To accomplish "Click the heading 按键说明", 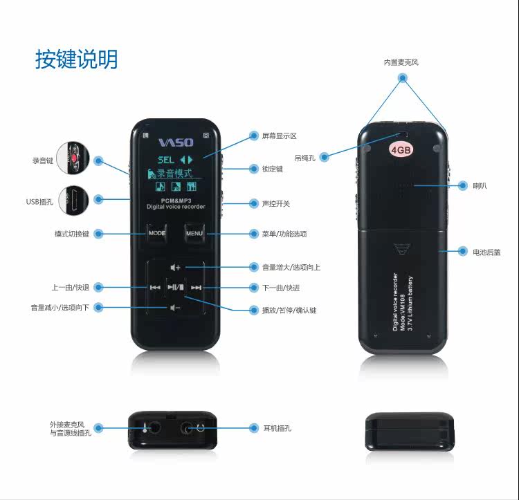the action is (77, 59).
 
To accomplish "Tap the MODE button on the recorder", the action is (157, 233).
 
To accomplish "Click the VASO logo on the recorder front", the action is (176, 142).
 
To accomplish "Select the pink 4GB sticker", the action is (402, 149).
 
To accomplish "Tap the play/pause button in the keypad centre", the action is (176, 287).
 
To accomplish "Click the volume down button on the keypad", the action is (176, 308).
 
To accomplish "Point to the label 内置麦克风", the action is (401, 62).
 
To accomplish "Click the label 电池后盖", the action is (486, 252).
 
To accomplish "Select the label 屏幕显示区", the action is (279, 136).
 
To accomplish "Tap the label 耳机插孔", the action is (277, 428).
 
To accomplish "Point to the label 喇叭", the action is (480, 186).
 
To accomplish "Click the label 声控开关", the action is (275, 203).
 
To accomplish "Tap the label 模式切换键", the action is (72, 234).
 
